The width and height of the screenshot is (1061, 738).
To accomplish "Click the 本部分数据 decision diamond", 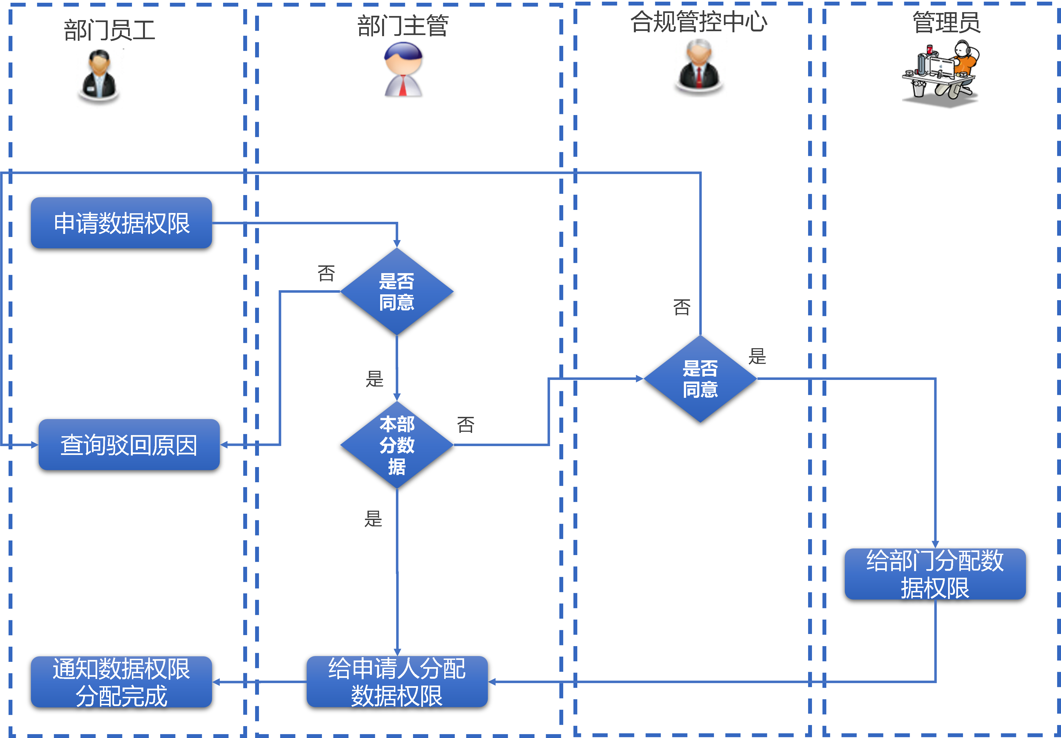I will (397, 445).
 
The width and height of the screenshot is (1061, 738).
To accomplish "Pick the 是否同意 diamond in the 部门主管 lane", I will (397, 291).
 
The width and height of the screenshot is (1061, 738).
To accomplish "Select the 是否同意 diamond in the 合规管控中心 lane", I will (700, 379).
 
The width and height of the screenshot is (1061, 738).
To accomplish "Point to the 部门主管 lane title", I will (403, 26).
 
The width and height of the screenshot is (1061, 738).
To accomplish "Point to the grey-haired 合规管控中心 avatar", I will (699, 65).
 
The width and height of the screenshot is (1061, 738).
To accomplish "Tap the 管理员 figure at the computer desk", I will (941, 74).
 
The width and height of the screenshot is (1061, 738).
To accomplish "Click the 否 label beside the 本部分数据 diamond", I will (465, 424).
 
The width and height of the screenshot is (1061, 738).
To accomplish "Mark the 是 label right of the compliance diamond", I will (757, 356).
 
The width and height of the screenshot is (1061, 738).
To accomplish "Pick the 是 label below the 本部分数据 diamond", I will (373, 519).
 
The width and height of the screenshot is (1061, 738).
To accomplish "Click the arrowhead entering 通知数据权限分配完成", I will (216, 682).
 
